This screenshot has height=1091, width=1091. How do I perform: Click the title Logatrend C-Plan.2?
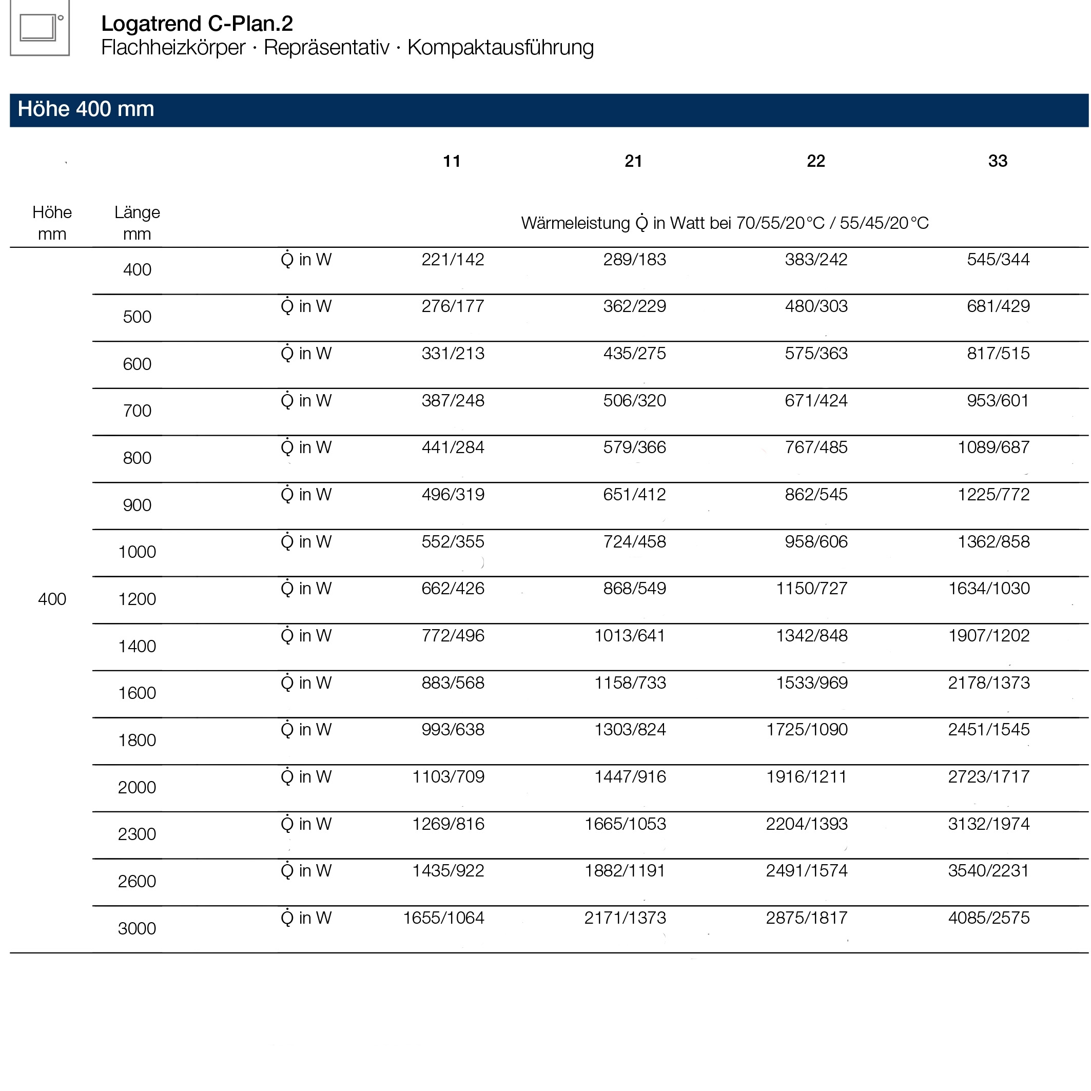tap(197, 24)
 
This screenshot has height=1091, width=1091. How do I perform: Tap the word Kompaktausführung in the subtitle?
tap(500, 47)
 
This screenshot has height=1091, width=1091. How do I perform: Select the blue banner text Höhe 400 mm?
tap(86, 109)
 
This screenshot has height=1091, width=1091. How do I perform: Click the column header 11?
tap(452, 162)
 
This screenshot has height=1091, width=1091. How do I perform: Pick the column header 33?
tap(998, 162)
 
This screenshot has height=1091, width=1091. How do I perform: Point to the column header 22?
tap(816, 162)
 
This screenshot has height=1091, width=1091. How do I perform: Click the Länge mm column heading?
tap(137, 223)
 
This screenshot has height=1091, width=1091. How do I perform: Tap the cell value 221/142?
tap(453, 260)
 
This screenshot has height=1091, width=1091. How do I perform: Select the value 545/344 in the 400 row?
tap(998, 260)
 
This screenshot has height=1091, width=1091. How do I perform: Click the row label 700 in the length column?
tap(137, 411)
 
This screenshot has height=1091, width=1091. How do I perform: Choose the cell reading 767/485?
tap(816, 448)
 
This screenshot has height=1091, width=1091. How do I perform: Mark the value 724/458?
tap(635, 542)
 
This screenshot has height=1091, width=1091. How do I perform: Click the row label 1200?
tap(137, 599)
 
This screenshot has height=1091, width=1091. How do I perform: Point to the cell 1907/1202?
tap(989, 636)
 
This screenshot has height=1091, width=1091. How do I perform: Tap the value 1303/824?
tap(630, 730)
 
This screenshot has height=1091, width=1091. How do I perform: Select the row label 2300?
tap(137, 834)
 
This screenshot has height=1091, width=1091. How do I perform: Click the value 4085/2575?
tap(989, 918)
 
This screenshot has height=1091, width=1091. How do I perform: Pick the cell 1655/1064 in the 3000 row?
tap(444, 918)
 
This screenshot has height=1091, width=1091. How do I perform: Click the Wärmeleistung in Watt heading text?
tap(725, 224)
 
